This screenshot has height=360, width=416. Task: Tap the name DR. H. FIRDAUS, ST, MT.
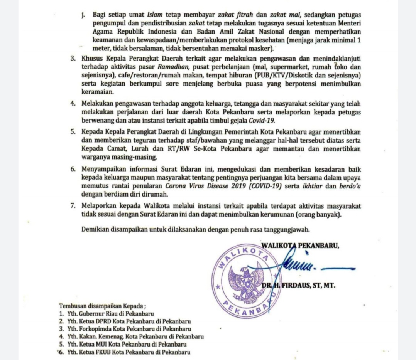click(x=298, y=286)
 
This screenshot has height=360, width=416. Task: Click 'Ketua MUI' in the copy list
click(x=92, y=344)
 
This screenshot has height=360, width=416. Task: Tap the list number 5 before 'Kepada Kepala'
click(x=73, y=132)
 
